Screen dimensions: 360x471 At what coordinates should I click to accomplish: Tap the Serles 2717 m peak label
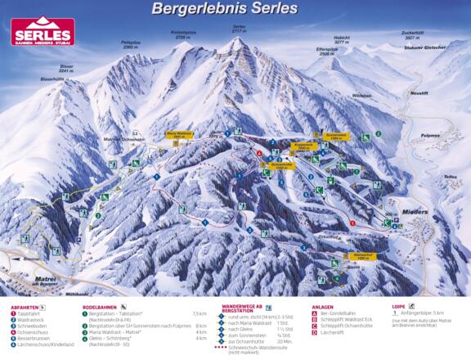[239, 28]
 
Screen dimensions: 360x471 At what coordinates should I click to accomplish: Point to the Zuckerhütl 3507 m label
[412, 35]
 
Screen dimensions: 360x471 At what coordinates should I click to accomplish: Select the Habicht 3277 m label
[342, 37]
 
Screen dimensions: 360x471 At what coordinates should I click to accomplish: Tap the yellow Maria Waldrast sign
[179, 134]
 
